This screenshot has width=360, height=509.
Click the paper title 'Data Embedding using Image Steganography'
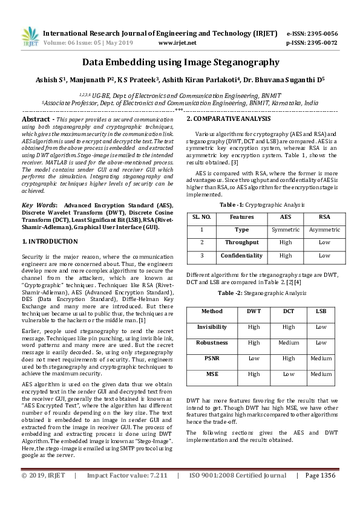coord(180,62)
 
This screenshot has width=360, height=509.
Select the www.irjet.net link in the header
coord(177,43)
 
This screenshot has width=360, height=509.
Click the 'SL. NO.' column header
coord(201,216)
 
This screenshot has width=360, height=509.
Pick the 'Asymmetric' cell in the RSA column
coord(324,230)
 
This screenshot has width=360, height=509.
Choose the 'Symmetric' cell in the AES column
coord(286,230)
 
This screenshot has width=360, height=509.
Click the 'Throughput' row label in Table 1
coord(242,242)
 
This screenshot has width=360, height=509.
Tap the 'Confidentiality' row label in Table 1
coord(242,256)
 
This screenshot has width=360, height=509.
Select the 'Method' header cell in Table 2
coord(212,311)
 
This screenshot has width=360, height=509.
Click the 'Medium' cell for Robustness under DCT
coord(288,342)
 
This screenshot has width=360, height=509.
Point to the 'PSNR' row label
coord(212,358)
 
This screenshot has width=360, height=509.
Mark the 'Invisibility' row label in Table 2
coord(212,327)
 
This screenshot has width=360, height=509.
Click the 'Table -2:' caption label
coord(230,293)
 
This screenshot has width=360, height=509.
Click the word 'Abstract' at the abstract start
coord(38,120)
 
